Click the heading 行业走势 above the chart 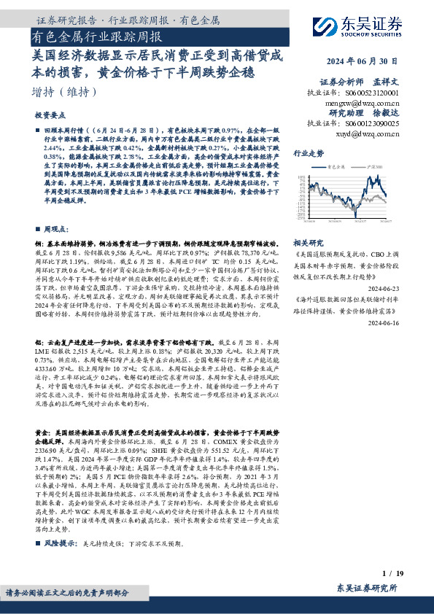coord(307,155)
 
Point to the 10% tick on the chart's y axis coord(301,176)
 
